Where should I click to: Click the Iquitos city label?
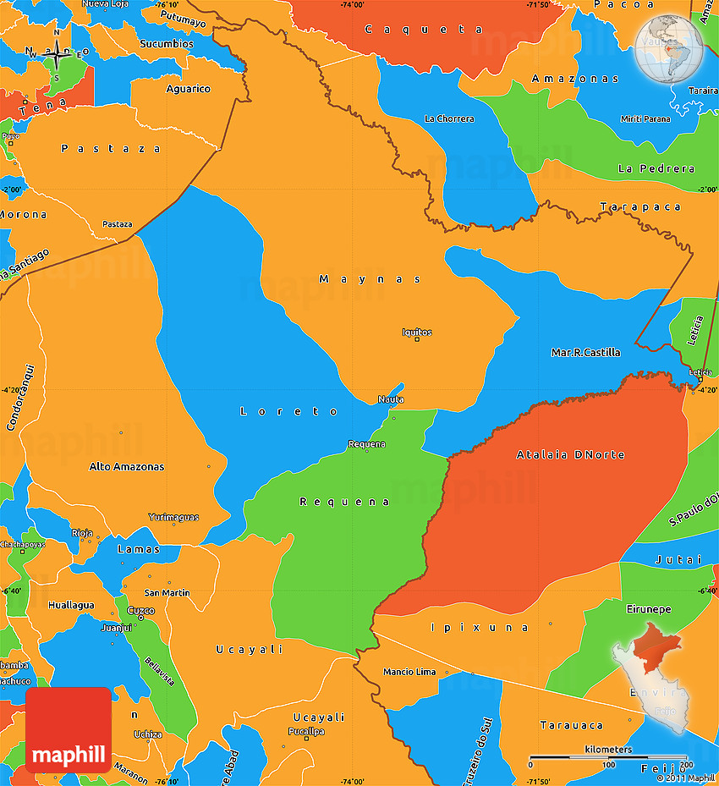coord(417,333)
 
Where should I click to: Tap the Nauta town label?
coord(391,399)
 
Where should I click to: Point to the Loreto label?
coord(289,411)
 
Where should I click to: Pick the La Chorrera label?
coord(449,118)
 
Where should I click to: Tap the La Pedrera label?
coord(656,168)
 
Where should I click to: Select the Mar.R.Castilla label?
coord(585,352)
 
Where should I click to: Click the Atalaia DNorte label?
coord(571,455)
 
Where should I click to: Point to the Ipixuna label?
coord(480,627)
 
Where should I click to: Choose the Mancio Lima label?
coord(409,672)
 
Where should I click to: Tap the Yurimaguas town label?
coord(173,517)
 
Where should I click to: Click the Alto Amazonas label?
coord(127,466)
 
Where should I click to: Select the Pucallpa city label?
coord(306,731)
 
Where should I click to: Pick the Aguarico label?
coord(188,89)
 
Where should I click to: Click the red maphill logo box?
coord(69,729)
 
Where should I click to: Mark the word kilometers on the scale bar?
coord(607,750)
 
